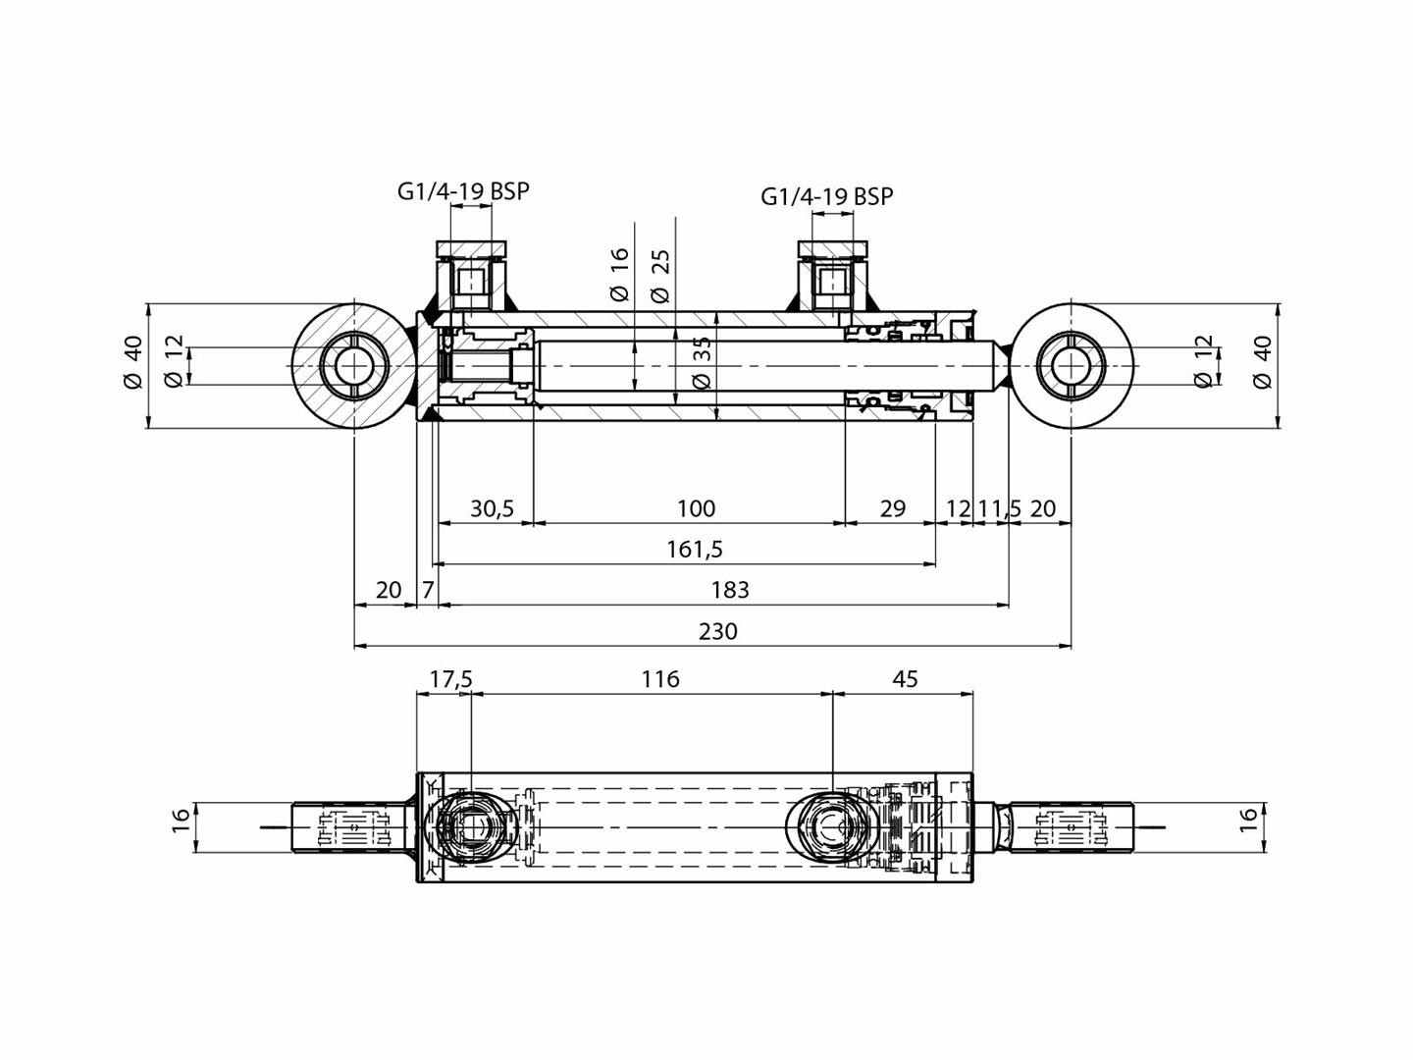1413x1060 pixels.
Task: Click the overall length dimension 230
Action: pos(717,631)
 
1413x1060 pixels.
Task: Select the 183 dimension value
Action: pos(729,590)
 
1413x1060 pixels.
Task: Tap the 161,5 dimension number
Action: pos(694,549)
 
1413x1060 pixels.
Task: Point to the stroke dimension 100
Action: pos(696,508)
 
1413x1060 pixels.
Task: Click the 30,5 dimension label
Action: pos(492,508)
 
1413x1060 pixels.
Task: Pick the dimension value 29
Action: pos(892,508)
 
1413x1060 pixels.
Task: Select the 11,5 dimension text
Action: pos(999,508)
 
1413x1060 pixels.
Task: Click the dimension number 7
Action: pos(428,590)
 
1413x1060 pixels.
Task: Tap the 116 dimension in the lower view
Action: pos(659,679)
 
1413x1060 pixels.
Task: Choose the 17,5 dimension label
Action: pos(450,679)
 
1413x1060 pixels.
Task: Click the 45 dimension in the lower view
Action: pos(905,679)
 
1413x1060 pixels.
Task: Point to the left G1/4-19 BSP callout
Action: pos(463,190)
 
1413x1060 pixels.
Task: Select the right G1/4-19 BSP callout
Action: pos(827,196)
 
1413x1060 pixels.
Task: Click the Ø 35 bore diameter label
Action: pos(701,364)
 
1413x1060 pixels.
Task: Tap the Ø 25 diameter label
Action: pos(660,276)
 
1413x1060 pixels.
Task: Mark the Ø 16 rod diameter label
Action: pos(618,274)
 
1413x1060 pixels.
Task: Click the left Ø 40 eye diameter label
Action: pos(133,362)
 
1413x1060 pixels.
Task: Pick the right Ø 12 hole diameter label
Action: pos(1204,362)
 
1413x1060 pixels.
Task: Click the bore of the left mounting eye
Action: pos(353,365)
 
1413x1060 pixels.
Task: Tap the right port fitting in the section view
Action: pos(832,276)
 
